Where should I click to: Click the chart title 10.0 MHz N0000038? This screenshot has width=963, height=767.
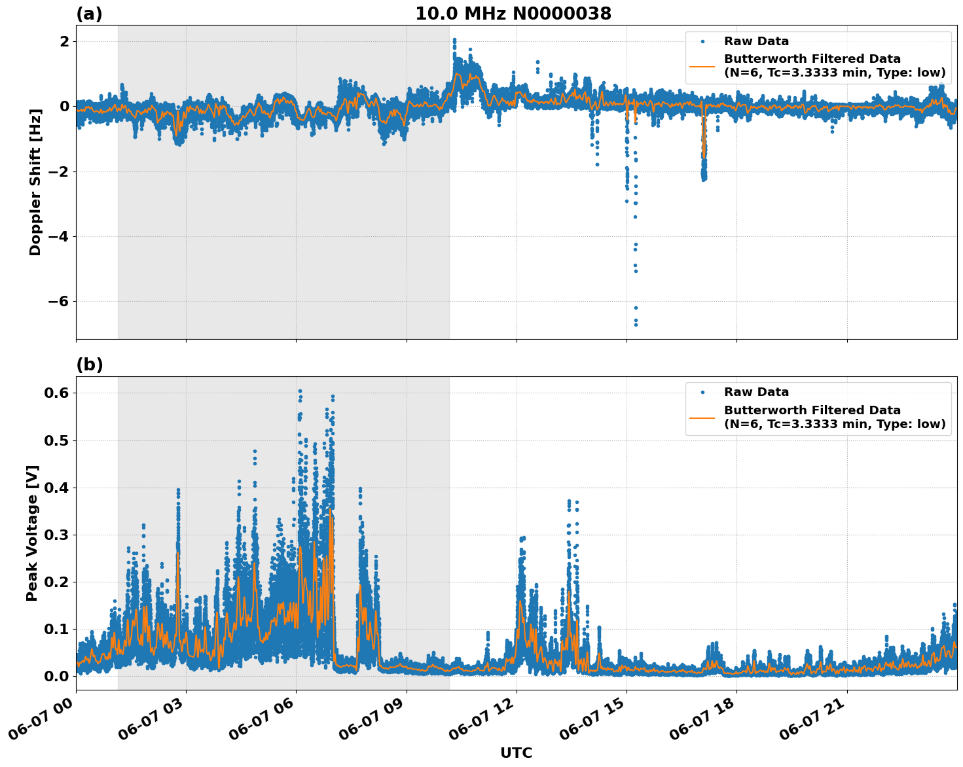[513, 14]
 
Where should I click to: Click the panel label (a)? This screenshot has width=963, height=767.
[89, 14]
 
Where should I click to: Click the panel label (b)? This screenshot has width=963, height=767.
[89, 365]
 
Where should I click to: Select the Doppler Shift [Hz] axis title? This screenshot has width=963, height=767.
[35, 182]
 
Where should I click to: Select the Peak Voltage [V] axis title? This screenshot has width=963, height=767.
[32, 533]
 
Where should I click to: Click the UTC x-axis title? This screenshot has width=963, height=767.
[516, 753]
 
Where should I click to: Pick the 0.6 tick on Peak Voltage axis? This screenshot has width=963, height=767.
[60, 393]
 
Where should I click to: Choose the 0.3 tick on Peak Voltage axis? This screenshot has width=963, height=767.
[60, 535]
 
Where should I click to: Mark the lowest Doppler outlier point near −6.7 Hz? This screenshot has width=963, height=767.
[635, 325]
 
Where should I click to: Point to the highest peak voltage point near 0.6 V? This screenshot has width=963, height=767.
[300, 391]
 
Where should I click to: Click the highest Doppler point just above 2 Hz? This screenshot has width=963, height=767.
[454, 40]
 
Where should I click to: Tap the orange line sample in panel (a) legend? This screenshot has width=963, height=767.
[703, 65]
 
